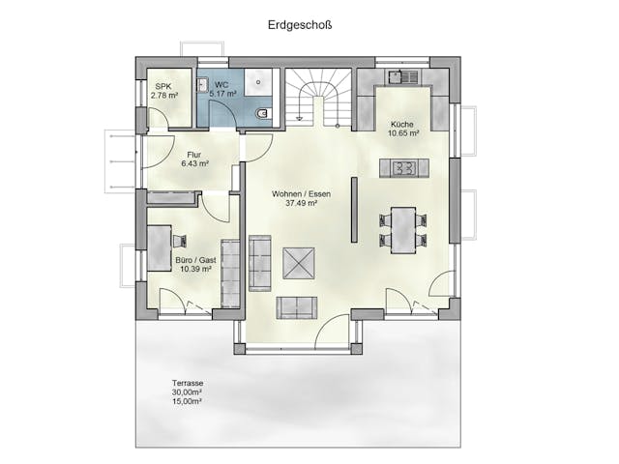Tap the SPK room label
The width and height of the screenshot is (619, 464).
pyautogui.click(x=162, y=86)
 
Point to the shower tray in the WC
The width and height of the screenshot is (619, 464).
pyautogui.click(x=259, y=84)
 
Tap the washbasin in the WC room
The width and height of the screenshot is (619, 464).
pyautogui.click(x=203, y=86)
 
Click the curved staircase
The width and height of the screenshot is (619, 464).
pyautogui.click(x=318, y=97)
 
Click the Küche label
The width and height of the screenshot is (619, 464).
pyautogui.click(x=402, y=125)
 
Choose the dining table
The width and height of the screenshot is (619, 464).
pyautogui.click(x=402, y=229)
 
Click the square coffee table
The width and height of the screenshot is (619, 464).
pyautogui.click(x=298, y=262)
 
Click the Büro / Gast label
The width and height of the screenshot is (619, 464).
pyautogui.click(x=193, y=260)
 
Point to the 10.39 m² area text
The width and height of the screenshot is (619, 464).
pyautogui.click(x=193, y=270)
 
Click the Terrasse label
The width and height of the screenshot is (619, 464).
pyautogui.click(x=188, y=384)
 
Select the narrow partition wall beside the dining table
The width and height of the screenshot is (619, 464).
pyautogui.click(x=354, y=211)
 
